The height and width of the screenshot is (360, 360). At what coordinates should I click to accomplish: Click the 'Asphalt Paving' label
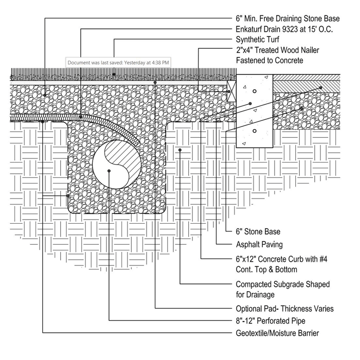tap(259, 245)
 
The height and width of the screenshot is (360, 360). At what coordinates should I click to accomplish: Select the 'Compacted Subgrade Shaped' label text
tap(283, 284)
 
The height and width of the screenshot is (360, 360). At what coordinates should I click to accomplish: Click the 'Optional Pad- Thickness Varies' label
tap(284, 309)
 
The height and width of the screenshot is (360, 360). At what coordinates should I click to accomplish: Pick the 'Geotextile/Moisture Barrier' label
tap(277, 333)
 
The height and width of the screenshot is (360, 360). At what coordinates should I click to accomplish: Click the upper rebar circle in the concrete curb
tap(254, 91)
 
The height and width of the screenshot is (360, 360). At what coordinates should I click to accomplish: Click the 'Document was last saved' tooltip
tap(118, 62)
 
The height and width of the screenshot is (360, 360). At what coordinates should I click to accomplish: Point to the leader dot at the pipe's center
tap(109, 171)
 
